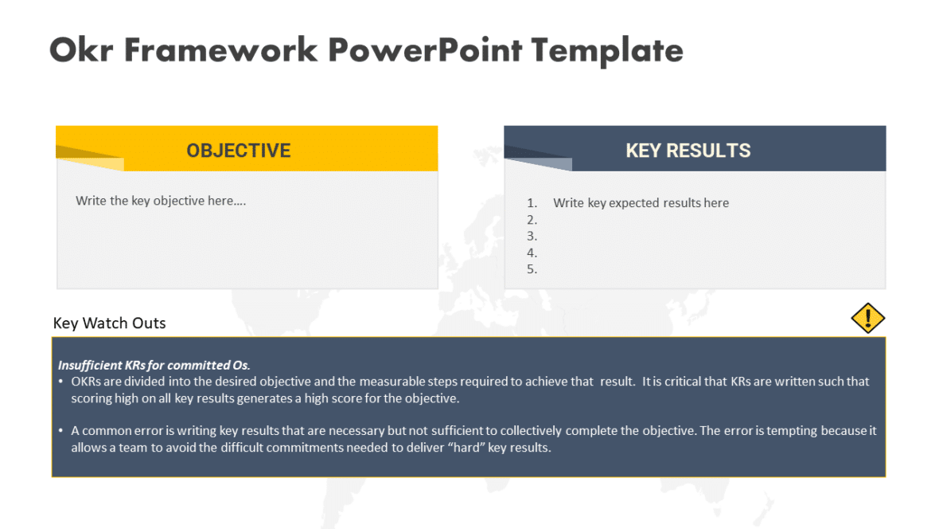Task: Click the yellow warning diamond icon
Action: (x=867, y=318)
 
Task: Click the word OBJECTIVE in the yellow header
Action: (x=239, y=151)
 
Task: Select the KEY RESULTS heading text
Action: (x=688, y=151)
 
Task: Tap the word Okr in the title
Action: (x=81, y=49)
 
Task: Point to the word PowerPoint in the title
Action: (x=425, y=49)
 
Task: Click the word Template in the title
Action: (x=607, y=50)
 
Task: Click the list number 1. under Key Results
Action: (x=532, y=202)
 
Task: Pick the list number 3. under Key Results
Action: (x=532, y=236)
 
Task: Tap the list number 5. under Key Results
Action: (x=532, y=268)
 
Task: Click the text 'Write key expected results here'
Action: (x=641, y=202)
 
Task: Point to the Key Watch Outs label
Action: (x=109, y=323)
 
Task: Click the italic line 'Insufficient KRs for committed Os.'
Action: (x=154, y=365)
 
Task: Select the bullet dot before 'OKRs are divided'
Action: (x=61, y=382)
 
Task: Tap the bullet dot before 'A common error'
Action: (x=61, y=431)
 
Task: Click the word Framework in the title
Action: (x=221, y=49)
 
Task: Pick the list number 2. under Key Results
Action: (x=532, y=220)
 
